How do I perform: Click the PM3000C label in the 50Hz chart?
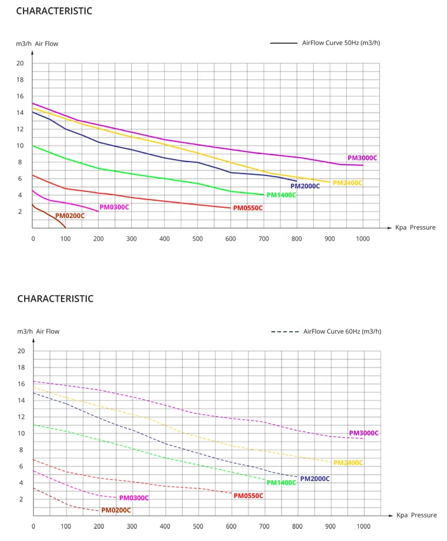pos(363,158)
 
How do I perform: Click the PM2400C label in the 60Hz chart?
pos(348,462)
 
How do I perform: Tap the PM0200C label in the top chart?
pos(70,216)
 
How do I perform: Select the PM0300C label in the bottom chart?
pos(134,498)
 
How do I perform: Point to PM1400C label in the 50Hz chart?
pos(282,195)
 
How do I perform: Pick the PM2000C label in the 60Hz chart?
pos(315,479)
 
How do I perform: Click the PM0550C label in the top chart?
pos(248,208)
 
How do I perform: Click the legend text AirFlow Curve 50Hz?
pos(341,43)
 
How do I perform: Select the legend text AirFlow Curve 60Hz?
pos(342,331)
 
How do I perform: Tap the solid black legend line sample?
pos(283,43)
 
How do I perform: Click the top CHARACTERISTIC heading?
pos(54,11)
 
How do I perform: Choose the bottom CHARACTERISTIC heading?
pos(55,298)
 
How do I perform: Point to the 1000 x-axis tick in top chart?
pos(363,238)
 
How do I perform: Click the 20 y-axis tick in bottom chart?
pos(22,351)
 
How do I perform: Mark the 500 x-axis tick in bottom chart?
pos(198,526)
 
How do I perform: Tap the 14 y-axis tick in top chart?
pos(20,113)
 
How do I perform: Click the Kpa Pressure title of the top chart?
pos(415,227)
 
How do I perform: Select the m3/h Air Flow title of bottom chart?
pos(38,331)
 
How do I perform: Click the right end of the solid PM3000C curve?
pos(363,165)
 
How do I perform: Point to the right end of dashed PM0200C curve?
pos(99,511)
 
